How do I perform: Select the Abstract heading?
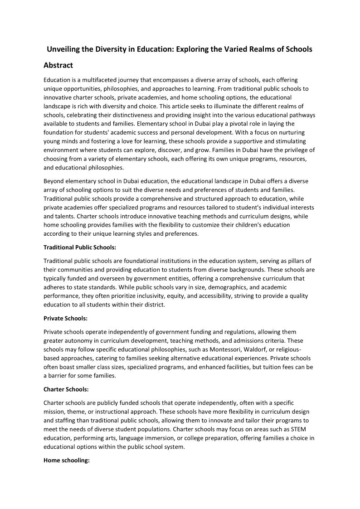(x=58, y=65)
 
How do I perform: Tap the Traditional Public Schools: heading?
(x=80, y=247)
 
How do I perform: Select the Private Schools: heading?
(x=65, y=319)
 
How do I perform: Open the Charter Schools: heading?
(x=66, y=389)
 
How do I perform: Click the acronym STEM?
(x=299, y=429)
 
